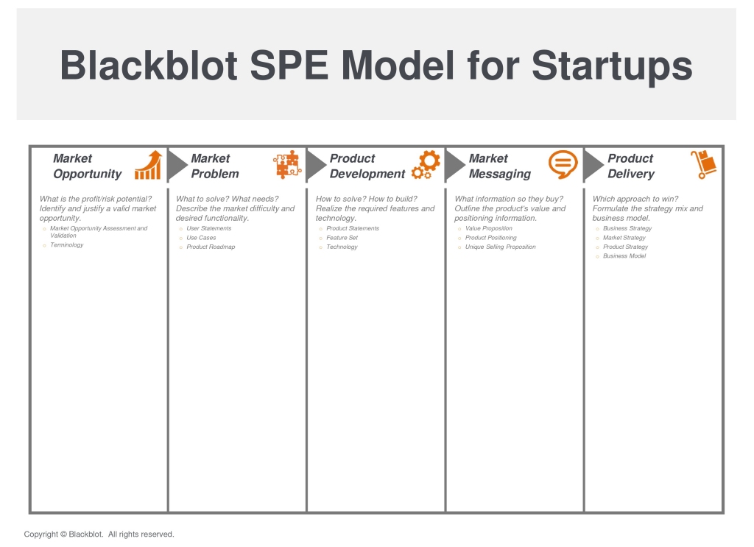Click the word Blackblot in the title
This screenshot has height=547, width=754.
pos(149,66)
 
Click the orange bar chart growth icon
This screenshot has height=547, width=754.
pos(148,165)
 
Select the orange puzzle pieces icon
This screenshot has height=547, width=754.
pos(287,164)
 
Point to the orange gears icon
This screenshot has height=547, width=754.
pos(426,165)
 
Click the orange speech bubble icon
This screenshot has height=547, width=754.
pos(563,164)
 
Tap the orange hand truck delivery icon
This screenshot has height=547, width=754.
pos(703,164)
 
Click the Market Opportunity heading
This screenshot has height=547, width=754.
pos(87,166)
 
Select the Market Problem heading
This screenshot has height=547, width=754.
pos(214,166)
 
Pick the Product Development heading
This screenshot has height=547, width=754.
pos(367,166)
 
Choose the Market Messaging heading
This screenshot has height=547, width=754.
pos(500,166)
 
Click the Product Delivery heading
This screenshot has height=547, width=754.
pos(631,166)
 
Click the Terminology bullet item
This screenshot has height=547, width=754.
pos(67,244)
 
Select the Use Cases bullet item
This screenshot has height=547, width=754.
pos(201,238)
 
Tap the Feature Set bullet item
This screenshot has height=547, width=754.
pos(342,238)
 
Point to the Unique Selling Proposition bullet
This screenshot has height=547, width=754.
pos(500,247)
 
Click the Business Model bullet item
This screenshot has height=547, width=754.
pos(624,255)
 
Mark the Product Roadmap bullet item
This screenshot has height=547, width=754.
pos(211,247)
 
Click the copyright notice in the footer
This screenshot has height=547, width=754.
pos(99,534)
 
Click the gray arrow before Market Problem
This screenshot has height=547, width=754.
pos(177,166)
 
